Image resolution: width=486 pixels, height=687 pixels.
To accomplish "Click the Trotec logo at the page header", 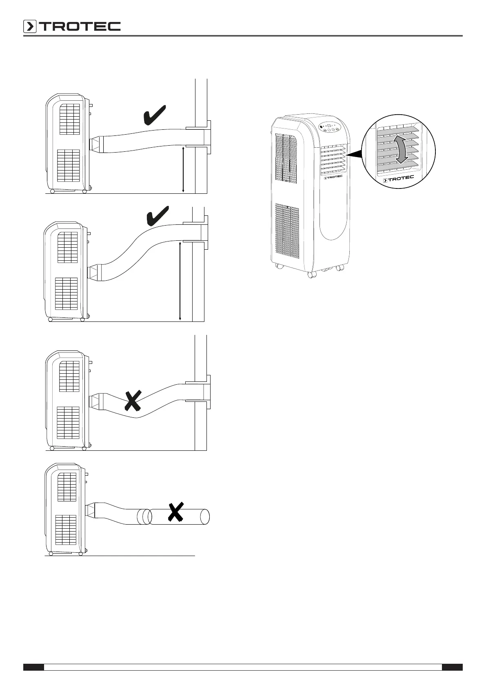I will [72, 27].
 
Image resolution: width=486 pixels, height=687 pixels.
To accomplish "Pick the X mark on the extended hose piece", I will [175, 512].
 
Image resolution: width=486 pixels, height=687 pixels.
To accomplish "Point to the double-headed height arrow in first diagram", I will [183, 170].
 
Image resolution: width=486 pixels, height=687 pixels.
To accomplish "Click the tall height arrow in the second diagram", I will [180, 281].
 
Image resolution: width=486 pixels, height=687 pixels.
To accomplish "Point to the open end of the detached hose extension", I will [205, 517].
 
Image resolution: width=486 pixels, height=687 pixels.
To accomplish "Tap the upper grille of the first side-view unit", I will [69, 119].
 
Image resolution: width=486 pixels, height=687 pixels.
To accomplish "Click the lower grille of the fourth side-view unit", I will [66, 530].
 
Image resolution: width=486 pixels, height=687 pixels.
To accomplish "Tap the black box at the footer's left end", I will [33, 667].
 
